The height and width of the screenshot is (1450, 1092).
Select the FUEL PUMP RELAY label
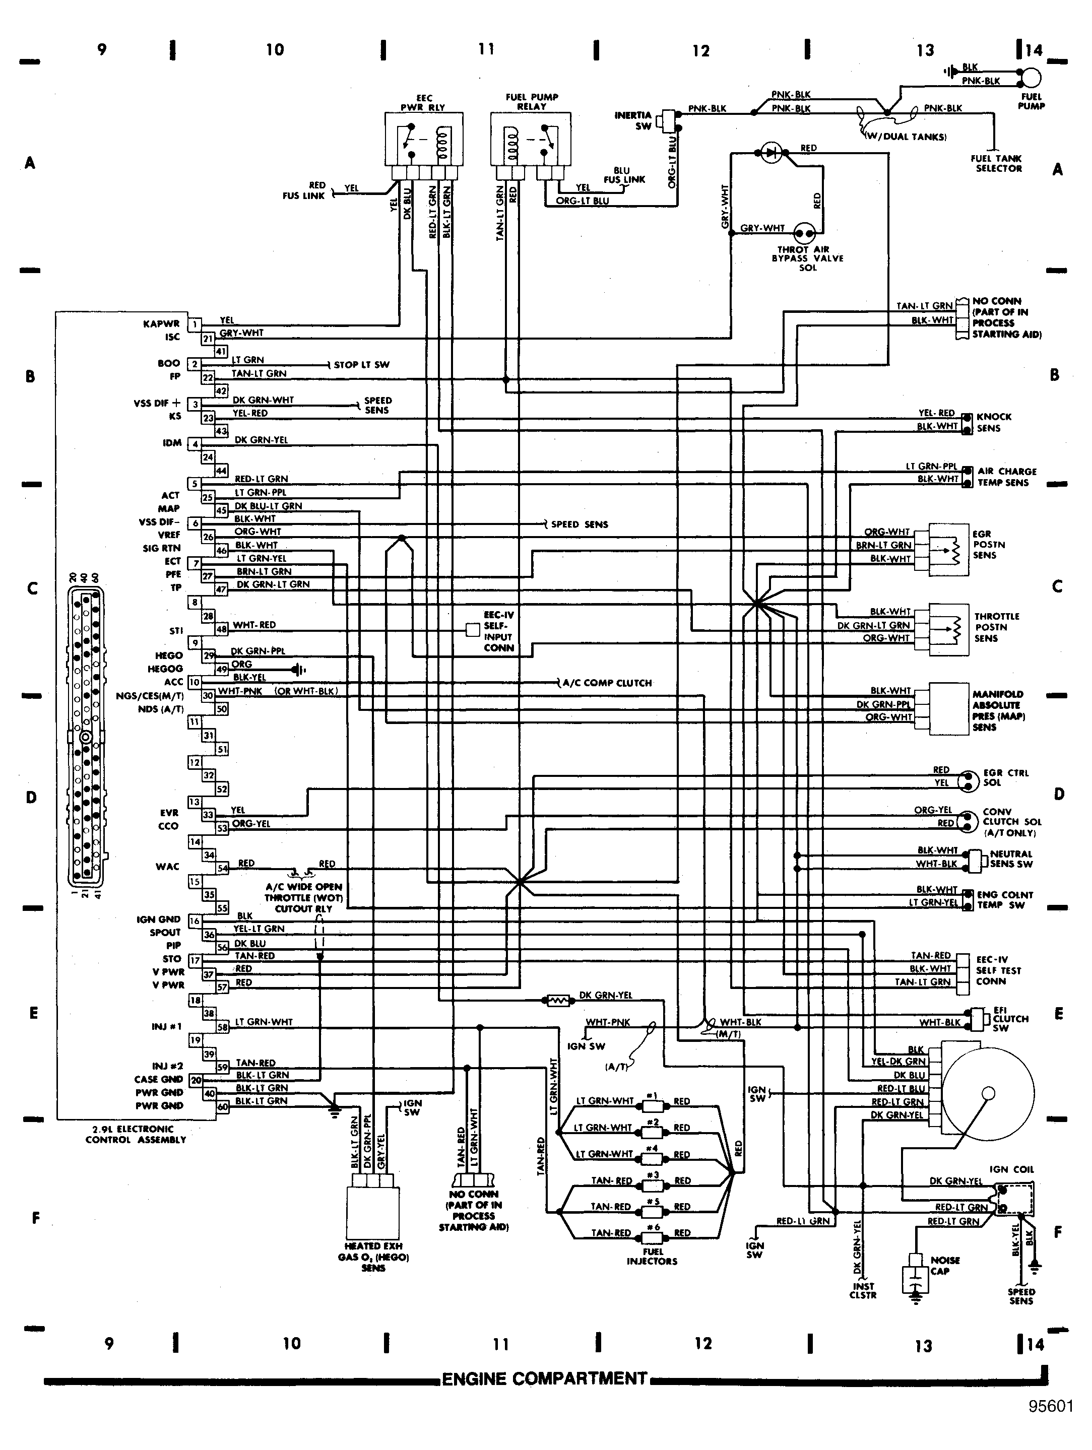(x=532, y=102)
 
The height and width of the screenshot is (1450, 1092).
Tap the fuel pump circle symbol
(x=1031, y=78)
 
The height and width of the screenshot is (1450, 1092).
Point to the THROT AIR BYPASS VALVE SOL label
(x=807, y=258)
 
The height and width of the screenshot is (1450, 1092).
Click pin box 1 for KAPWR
(x=195, y=324)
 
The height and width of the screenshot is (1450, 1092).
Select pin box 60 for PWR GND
(x=223, y=1106)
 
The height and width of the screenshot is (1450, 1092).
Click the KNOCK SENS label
(x=994, y=422)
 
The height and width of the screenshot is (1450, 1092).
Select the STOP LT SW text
(x=361, y=364)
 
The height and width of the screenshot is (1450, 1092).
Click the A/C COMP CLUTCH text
(x=607, y=683)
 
